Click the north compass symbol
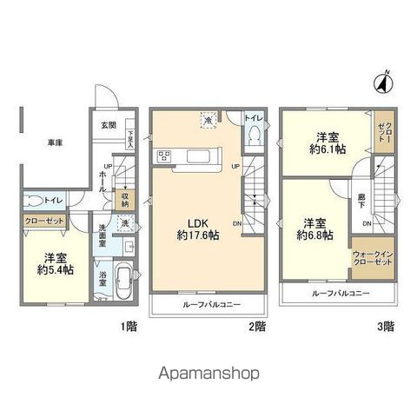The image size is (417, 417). (380, 84)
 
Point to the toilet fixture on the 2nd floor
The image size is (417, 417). (253, 137)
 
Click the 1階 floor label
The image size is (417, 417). (126, 327)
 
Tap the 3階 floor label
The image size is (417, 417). (385, 327)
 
